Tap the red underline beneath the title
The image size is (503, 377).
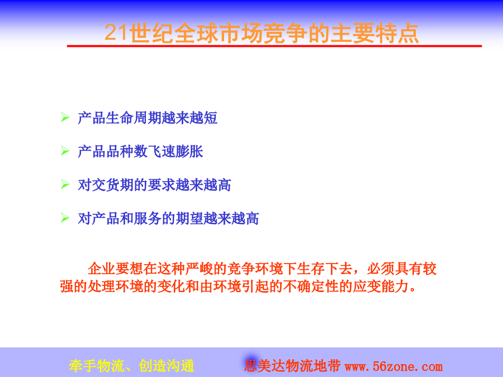coord(274,46)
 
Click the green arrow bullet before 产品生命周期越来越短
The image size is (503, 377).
coord(65,117)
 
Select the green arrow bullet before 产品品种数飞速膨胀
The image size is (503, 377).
coord(65,151)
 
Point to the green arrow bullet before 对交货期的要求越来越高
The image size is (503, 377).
coord(65,184)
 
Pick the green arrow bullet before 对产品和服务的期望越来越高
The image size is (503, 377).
coord(65,218)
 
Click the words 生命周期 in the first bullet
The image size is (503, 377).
coord(134,118)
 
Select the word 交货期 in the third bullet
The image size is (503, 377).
coord(112,185)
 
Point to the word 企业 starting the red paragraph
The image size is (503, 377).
coord(102,269)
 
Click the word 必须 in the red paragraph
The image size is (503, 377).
coord(381,269)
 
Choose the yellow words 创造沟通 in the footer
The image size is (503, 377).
coord(167,366)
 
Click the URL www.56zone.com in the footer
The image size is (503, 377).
coord(393,366)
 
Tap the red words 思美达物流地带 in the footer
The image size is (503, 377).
coord(292,366)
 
